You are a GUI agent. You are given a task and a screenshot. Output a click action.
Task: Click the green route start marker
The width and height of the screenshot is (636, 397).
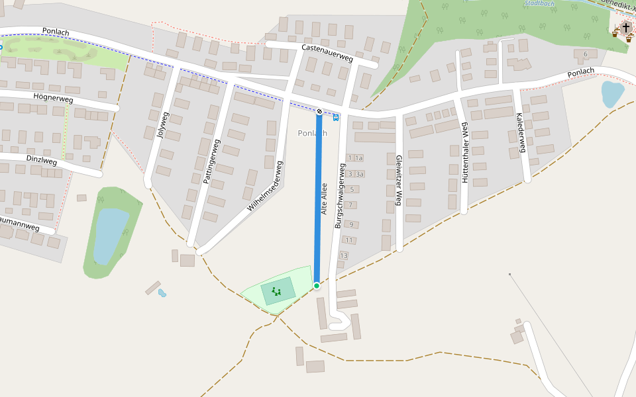coord(317,286)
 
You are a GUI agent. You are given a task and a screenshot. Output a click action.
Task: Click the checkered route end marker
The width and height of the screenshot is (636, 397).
coord(319,111)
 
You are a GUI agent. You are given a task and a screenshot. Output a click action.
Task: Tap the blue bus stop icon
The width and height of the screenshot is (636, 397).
coord(336,117)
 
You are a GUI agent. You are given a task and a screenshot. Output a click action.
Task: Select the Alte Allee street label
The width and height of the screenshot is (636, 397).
coord(324,198)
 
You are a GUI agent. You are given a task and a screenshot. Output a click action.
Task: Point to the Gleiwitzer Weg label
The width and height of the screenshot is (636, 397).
coord(398,180)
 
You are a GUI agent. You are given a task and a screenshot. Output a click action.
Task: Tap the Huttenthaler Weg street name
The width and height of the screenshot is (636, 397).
coord(465,153)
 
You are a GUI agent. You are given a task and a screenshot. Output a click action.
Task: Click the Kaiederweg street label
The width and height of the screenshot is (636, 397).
coord(520,132)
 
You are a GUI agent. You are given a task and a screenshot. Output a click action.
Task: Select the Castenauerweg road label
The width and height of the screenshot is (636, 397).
coord(327,54)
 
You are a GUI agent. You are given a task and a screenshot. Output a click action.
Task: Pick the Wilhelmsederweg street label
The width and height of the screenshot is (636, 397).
coord(266,186)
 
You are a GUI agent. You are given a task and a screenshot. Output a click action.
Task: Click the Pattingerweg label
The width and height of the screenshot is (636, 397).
coord(211,161)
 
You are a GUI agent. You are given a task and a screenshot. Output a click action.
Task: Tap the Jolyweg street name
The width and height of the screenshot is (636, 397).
coord(162,125)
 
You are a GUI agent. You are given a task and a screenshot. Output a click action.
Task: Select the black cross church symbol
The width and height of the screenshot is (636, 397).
coord(625,28)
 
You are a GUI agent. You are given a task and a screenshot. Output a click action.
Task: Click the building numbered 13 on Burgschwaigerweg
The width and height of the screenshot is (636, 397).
coord(343,255)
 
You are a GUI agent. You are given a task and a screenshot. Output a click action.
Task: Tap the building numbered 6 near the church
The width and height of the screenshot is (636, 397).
coord(585,54)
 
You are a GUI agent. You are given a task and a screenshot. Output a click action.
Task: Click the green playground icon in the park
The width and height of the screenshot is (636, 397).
coord(277,290)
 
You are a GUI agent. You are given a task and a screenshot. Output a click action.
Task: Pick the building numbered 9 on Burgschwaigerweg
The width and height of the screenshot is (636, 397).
coord(350,224)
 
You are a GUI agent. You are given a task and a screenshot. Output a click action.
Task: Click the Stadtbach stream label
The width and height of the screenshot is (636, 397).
coord(539,3)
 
